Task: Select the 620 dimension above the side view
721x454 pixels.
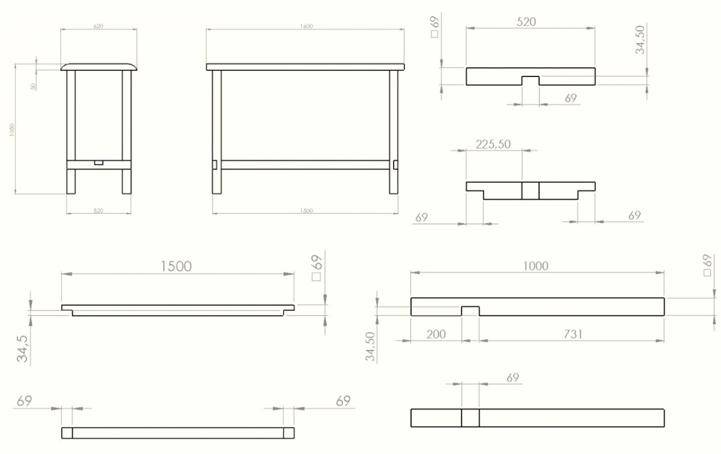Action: pyautogui.click(x=99, y=26)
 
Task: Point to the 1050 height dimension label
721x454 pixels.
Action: pyautogui.click(x=11, y=130)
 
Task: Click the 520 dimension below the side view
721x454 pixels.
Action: pyautogui.click(x=99, y=210)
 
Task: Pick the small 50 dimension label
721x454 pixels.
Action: pyautogui.click(x=34, y=86)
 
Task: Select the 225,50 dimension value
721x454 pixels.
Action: pyautogui.click(x=493, y=144)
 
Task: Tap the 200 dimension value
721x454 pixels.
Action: pyautogui.click(x=436, y=334)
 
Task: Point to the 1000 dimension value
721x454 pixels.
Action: pyautogui.click(x=536, y=265)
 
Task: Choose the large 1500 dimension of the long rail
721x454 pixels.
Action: pyautogui.click(x=178, y=266)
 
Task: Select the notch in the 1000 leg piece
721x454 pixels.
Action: pyautogui.click(x=470, y=311)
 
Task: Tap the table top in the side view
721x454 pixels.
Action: pyautogui.click(x=99, y=66)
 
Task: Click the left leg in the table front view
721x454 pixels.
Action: pyautogui.click(x=217, y=132)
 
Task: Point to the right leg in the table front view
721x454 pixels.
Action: pyautogui.click(x=394, y=132)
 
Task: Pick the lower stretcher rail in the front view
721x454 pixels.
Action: pyautogui.click(x=305, y=164)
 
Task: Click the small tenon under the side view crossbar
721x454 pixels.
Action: pyautogui.click(x=99, y=162)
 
